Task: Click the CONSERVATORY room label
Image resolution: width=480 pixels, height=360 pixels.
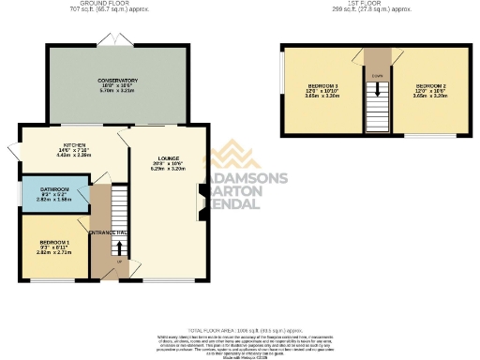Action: [x=118, y=81]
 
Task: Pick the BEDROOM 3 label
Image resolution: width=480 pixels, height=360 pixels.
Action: [x=322, y=86]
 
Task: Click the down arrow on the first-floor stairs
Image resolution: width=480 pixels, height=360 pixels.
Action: [x=378, y=92]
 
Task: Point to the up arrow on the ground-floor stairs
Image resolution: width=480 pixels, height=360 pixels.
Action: [x=119, y=248]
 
